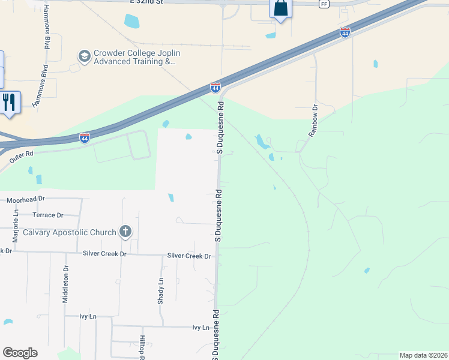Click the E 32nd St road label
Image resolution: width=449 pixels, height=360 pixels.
click(146, 2)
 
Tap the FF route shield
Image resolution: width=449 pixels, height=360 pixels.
click(325, 4)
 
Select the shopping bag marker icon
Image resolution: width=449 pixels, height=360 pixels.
click(280, 9)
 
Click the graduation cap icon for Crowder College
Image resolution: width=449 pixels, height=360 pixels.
click(85, 56)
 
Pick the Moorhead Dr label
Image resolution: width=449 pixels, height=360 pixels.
click(26, 199)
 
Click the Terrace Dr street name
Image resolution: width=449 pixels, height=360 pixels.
click(48, 215)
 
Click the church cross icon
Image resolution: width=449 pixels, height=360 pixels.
click(125, 231)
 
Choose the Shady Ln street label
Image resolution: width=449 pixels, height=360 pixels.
click(161, 291)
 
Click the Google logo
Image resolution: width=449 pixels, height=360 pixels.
click(20, 353)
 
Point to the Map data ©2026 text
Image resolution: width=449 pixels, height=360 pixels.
click(423, 355)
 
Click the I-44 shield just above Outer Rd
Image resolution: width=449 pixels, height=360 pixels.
click(85, 138)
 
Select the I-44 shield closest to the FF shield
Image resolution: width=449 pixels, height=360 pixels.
click(345, 32)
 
